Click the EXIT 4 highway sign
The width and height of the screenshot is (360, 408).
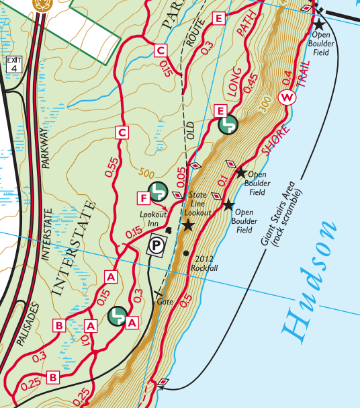click(13, 65)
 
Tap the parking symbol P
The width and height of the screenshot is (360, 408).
click(156, 246)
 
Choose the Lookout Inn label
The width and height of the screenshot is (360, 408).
click(154, 219)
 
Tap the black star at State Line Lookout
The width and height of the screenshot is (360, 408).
click(188, 226)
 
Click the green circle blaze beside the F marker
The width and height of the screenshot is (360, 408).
click(159, 192)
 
